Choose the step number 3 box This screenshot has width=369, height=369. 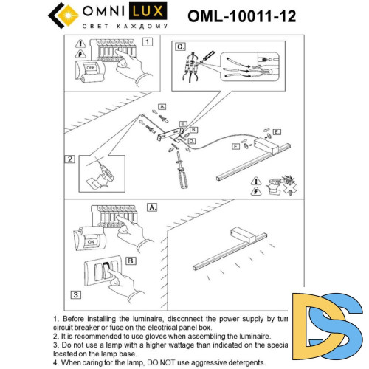tap(76, 294)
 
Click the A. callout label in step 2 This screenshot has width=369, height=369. tap(162, 106)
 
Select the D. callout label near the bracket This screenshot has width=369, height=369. tap(191, 140)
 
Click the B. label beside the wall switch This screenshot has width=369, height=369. tap(130, 261)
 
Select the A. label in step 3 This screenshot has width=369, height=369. tap(153, 208)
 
